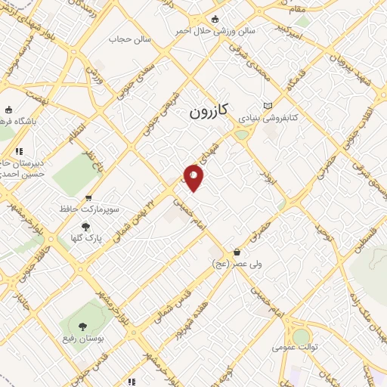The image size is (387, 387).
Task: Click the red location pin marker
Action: pyautogui.click(x=194, y=178)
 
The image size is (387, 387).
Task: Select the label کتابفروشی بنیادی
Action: pyautogui.click(x=269, y=119)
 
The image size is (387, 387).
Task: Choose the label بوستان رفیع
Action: pyautogui.click(x=82, y=339)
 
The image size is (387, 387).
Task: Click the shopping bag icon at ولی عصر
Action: pyautogui.click(x=237, y=252)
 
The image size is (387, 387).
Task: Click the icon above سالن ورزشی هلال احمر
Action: pyautogui.click(x=215, y=19)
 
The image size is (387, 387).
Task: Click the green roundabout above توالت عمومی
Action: pyautogui.click(x=301, y=336)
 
